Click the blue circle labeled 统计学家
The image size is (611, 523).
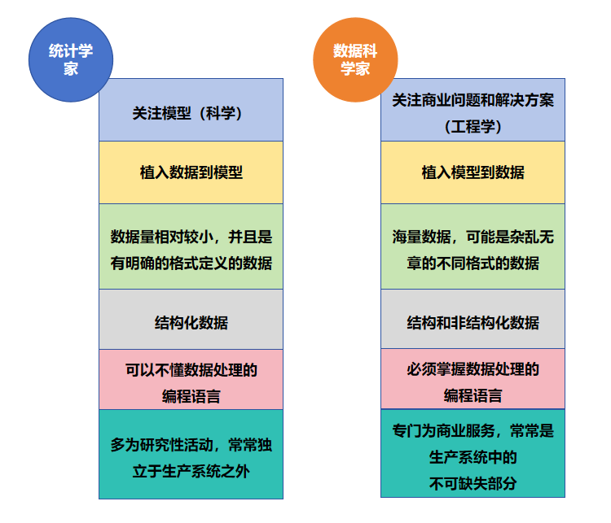point(71,59)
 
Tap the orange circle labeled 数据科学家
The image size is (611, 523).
point(355,59)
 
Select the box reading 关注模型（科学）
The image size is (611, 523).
point(191,110)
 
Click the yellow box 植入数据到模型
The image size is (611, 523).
point(191,172)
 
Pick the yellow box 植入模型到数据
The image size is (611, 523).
point(473,172)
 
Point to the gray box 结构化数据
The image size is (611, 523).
point(191,319)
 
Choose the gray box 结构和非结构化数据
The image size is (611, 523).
point(473,319)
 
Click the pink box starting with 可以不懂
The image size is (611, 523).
point(191,379)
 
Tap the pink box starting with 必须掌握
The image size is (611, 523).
point(473,379)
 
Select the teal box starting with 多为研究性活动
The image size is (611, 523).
point(191,454)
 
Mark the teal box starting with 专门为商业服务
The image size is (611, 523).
point(473,453)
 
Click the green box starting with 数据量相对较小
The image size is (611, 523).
point(191,246)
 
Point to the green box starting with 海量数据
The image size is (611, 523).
point(473,246)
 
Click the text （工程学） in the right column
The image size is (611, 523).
point(473,126)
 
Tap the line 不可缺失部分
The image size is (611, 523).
point(473,484)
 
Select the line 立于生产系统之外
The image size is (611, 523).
point(191,471)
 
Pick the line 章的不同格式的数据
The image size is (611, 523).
point(473,264)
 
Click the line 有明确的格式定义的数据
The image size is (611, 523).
point(191,264)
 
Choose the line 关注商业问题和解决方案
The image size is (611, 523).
point(473,100)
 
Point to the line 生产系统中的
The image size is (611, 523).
point(473,457)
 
